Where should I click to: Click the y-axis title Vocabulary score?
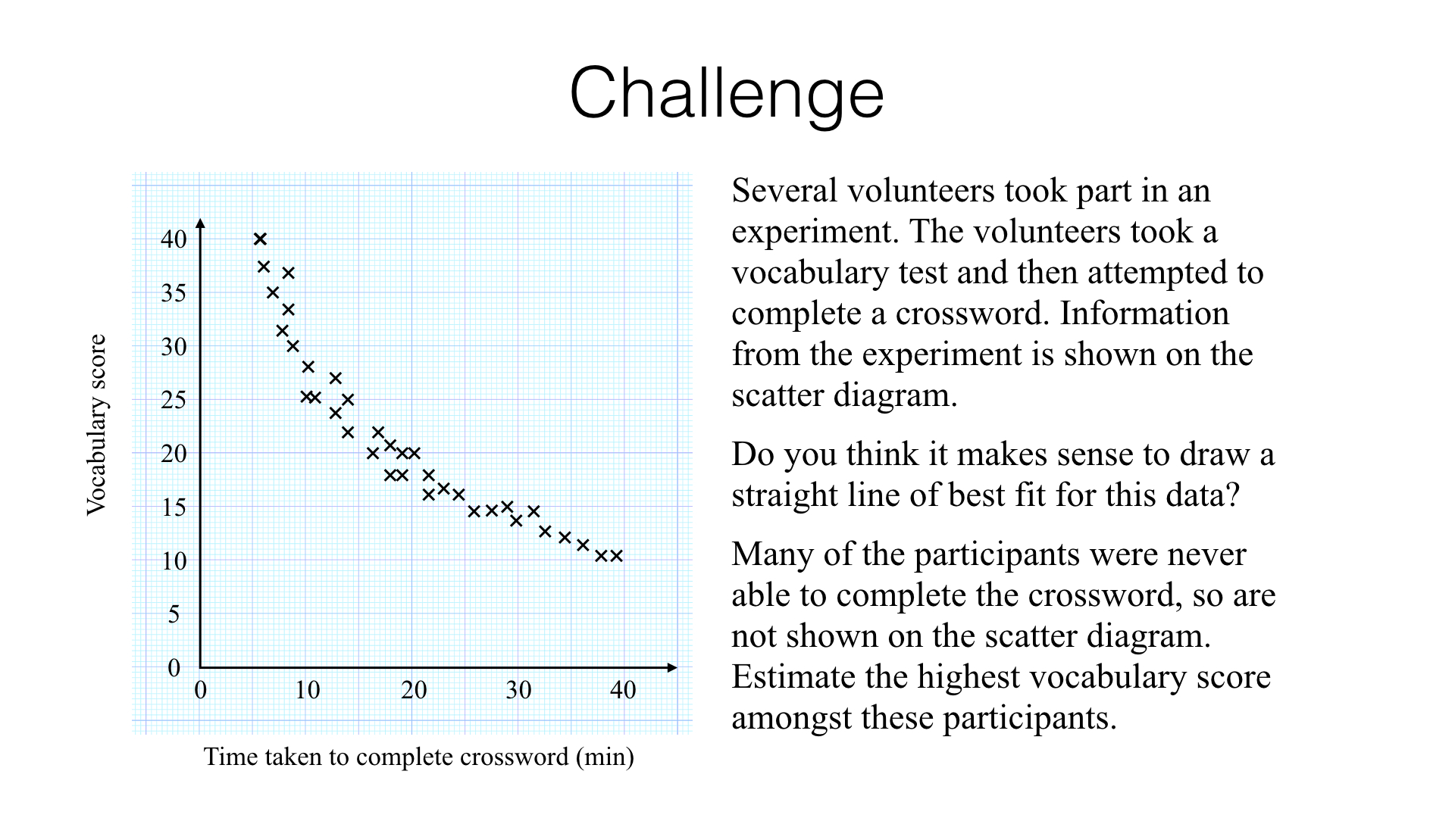[97, 425]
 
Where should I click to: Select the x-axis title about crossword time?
[419, 757]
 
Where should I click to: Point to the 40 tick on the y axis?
[174, 239]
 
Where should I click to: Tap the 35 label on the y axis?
[174, 293]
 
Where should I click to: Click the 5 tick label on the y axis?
[174, 614]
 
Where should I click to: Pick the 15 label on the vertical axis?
[174, 507]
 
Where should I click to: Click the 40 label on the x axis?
[624, 690]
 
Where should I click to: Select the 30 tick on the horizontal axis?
[518, 690]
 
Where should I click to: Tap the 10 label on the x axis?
[307, 690]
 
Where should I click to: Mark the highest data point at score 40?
[260, 239]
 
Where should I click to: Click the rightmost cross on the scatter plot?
[616, 556]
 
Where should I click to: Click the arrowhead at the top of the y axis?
[200, 223]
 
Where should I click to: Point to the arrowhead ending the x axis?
[672, 667]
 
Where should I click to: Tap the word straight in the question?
[781, 497]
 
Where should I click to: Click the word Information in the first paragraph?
[1144, 314]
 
